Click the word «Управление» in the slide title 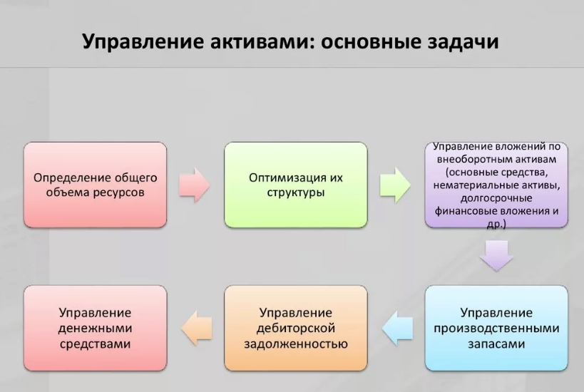(x=143, y=41)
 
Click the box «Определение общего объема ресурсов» (x=96, y=185)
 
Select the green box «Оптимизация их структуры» (x=296, y=185)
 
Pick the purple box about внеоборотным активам (x=496, y=185)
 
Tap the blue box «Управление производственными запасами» (x=496, y=329)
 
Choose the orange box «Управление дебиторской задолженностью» (x=296, y=329)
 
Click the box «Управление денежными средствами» (x=96, y=329)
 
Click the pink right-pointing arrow (x=194, y=185)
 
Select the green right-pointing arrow (x=395, y=185)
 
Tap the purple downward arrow (x=496, y=256)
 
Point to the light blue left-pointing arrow (x=397, y=329)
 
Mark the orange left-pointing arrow (x=197, y=329)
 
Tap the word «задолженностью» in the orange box (x=296, y=344)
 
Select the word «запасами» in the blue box (x=496, y=344)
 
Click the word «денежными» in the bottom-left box (x=96, y=329)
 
